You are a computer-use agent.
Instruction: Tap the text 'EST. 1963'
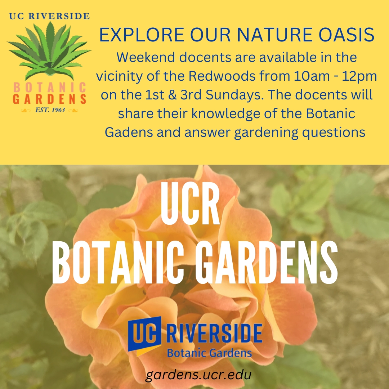[x=50, y=110]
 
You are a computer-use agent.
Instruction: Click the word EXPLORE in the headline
[x=142, y=35]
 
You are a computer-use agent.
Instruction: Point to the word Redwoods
[x=222, y=76]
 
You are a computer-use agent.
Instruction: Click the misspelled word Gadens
[x=129, y=132]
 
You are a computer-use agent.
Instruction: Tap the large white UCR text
[x=190, y=204]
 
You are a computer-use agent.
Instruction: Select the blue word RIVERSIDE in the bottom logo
[x=214, y=334]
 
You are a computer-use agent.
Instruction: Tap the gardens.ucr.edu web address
[x=198, y=375]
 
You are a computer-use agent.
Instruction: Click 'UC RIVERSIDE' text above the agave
[x=49, y=16]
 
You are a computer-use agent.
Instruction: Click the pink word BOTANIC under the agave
[x=50, y=88]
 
